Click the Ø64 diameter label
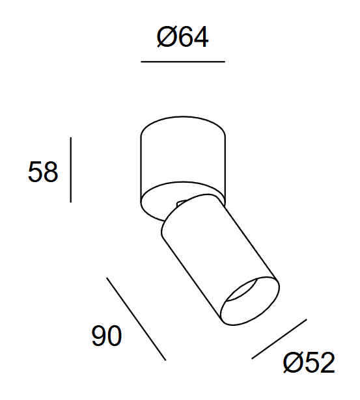point(183,38)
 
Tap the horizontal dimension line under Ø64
point(183,62)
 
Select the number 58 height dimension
point(43,172)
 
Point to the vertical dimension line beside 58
point(70,169)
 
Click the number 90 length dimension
point(107,336)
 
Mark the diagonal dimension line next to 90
point(136,319)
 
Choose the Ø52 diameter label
point(309,362)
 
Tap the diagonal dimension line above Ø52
point(279,338)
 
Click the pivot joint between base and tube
point(182,204)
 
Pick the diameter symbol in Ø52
point(294,362)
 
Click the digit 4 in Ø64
point(200,38)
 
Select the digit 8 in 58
point(51,172)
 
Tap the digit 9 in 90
point(99,336)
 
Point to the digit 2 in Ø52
point(326,362)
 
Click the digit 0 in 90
point(115,336)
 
